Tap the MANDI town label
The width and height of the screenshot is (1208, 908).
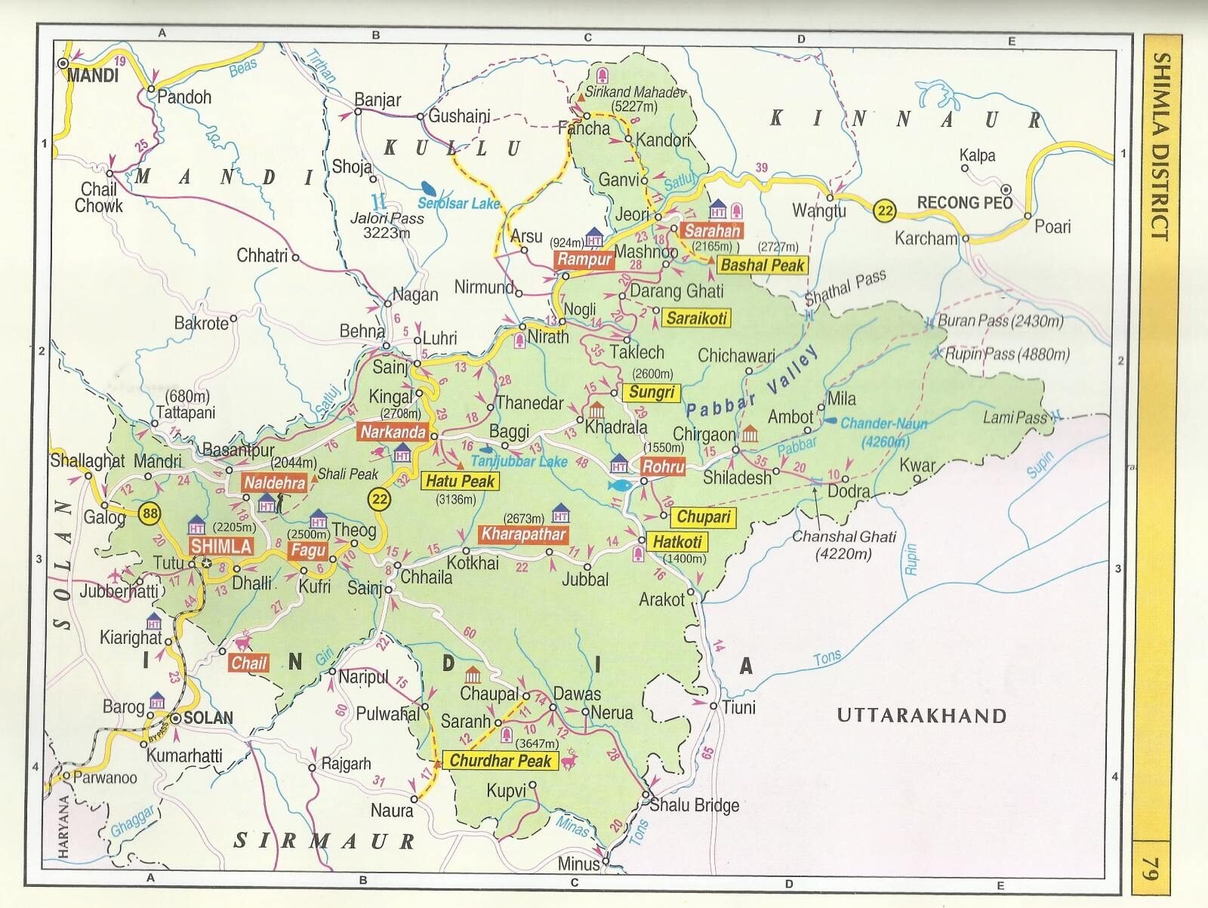click(x=93, y=75)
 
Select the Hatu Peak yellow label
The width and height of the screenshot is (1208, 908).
click(x=460, y=482)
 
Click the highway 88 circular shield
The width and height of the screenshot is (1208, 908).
click(x=150, y=514)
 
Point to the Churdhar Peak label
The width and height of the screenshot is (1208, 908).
click(x=501, y=761)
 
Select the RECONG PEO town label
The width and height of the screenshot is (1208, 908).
click(x=964, y=202)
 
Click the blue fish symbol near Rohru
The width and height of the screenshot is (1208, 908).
click(x=619, y=485)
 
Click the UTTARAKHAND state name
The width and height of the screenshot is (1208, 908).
click(x=922, y=716)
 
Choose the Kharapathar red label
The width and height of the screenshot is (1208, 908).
click(x=523, y=534)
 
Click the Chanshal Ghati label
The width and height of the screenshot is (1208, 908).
click(x=843, y=544)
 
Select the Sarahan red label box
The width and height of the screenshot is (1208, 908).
click(x=711, y=231)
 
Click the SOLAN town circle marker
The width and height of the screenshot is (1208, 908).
click(x=175, y=719)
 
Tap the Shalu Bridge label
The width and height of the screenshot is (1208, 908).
click(x=694, y=805)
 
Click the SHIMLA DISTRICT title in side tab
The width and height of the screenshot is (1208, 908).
click(x=1160, y=147)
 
